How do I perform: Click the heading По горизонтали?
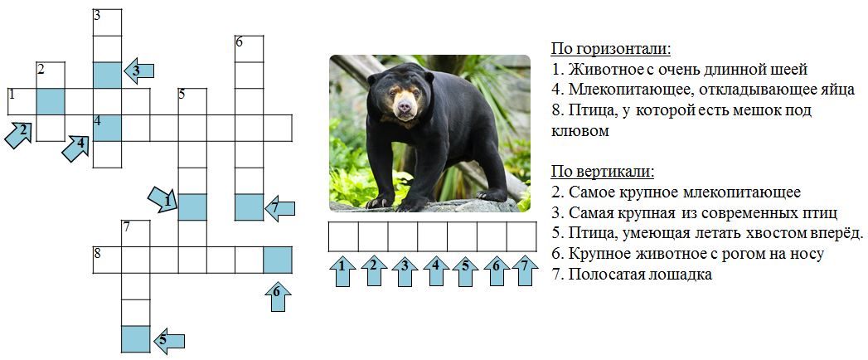pos(611,49)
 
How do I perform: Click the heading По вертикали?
pos(602,173)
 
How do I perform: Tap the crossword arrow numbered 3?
pos(138,71)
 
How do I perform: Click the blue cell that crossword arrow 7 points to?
pos(249,207)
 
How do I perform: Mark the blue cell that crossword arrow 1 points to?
pos(192,207)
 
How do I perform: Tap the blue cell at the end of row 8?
pos(278,260)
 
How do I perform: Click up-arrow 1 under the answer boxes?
pos(343,271)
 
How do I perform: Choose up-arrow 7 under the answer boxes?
pos(525,271)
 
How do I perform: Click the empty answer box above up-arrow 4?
pos(432,236)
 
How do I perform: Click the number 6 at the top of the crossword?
pos(239,41)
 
